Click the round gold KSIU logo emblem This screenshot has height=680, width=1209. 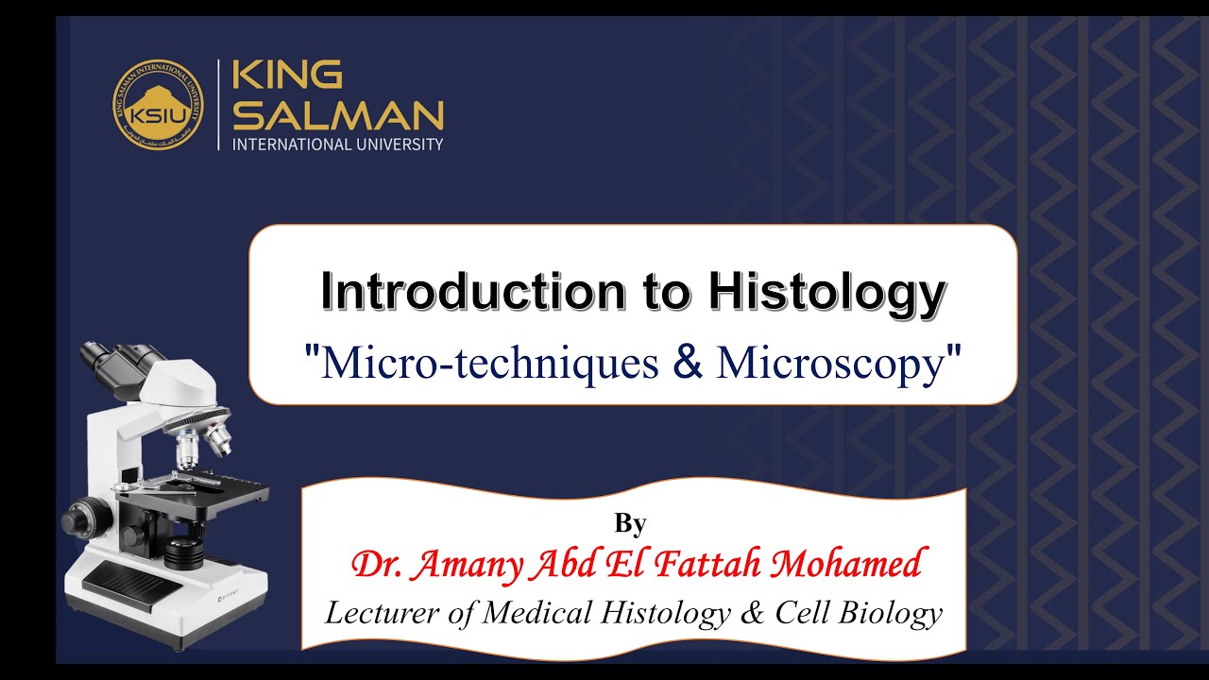pos(158,105)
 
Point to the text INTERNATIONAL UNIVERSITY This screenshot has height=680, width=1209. pos(337,144)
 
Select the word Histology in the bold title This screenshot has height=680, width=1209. pos(826,291)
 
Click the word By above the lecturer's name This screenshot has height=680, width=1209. pos(630,522)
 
